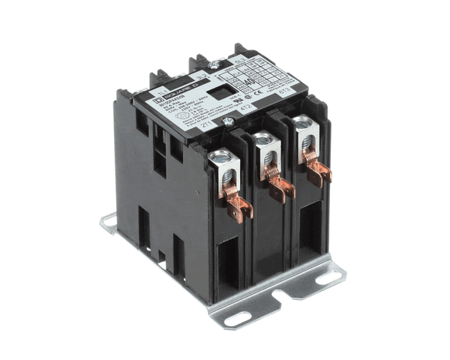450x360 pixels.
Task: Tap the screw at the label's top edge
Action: [214, 64]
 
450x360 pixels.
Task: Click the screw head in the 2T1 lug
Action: [220, 157]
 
